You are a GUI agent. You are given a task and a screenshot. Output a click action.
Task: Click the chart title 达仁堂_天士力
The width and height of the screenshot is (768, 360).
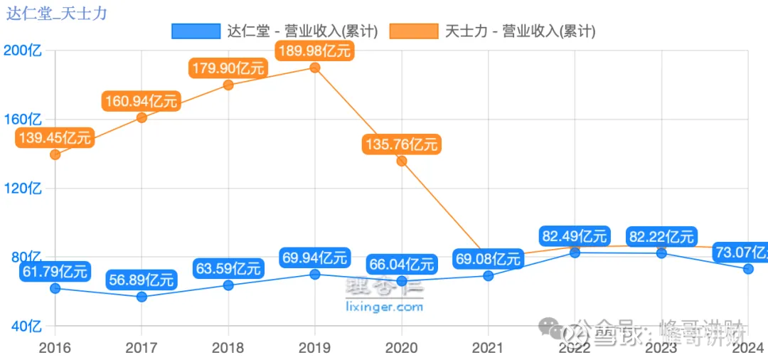click(x=57, y=14)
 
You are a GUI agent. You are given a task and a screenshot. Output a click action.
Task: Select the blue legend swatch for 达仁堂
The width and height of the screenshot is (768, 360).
click(x=196, y=31)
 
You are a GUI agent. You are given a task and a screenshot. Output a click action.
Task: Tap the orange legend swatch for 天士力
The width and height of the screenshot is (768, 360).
click(x=414, y=31)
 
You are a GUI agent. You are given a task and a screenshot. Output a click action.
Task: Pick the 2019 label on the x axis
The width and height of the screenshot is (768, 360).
click(x=314, y=348)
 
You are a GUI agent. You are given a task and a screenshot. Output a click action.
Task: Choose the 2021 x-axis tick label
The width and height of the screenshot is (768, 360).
click(x=488, y=348)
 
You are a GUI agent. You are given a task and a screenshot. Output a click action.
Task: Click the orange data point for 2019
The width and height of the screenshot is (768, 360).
click(x=314, y=68)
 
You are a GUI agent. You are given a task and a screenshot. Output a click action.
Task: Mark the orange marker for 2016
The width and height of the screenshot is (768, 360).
click(x=55, y=154)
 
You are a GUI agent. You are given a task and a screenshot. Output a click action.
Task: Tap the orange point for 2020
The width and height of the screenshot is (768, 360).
click(x=402, y=161)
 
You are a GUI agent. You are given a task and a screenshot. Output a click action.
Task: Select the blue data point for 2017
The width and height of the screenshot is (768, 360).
click(x=142, y=297)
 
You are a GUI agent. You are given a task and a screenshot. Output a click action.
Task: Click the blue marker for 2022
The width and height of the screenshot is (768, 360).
click(x=575, y=253)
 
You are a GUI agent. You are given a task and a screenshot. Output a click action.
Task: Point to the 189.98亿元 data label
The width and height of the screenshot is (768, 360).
click(x=314, y=51)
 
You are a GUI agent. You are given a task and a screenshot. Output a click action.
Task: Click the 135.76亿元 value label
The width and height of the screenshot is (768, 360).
click(x=401, y=144)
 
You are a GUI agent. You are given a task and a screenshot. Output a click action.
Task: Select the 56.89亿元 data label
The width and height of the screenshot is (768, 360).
click(x=141, y=280)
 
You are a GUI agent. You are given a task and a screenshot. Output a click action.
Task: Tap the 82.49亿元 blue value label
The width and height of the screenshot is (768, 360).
click(x=575, y=236)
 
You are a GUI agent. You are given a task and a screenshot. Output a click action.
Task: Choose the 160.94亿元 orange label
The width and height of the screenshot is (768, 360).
click(x=141, y=101)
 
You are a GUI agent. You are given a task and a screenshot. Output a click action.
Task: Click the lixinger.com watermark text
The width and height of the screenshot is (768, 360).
click(x=384, y=307)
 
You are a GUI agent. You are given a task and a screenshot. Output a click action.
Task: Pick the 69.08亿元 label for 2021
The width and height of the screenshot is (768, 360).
click(x=488, y=259)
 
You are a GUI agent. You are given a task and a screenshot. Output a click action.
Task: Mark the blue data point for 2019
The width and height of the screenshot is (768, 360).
click(x=314, y=274)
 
